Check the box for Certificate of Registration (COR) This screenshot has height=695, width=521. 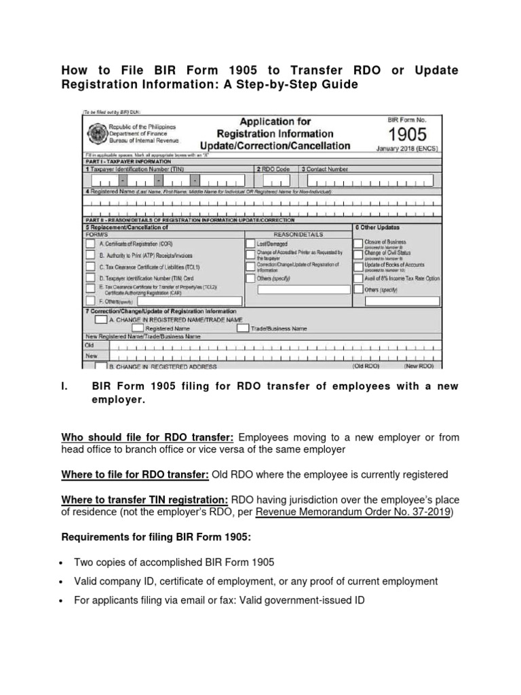[x=90, y=243]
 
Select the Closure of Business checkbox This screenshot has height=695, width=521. [x=358, y=243]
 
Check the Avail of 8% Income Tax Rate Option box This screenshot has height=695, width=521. [x=358, y=278]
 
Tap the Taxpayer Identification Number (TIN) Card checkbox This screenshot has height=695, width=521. [x=90, y=278]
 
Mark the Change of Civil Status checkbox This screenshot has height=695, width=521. [x=358, y=255]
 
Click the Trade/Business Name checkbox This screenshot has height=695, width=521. [x=243, y=328]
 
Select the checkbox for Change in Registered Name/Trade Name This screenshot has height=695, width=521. [x=100, y=318]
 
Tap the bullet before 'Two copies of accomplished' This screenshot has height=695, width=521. [x=64, y=563]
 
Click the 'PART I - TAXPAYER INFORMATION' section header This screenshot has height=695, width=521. [x=128, y=162]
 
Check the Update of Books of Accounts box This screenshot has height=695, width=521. [x=358, y=266]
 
